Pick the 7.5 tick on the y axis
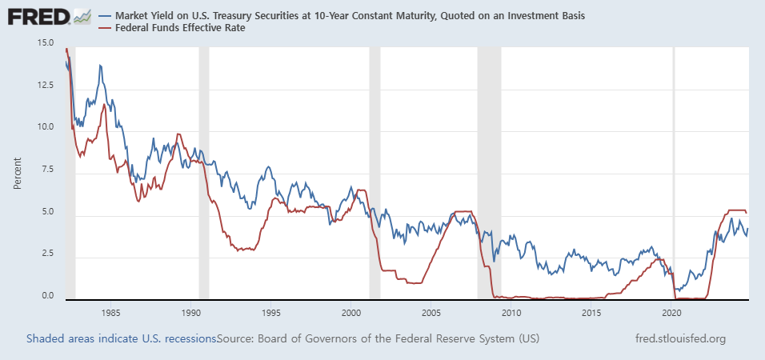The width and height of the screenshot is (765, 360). tap(46, 170)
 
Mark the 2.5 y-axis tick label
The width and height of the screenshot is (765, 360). tap(46, 254)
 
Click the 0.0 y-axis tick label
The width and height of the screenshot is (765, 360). tap(46, 296)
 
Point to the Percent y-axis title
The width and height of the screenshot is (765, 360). tap(18, 172)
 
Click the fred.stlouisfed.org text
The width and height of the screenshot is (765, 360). tap(679, 338)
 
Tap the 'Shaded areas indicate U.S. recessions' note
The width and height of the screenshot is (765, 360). tap(121, 338)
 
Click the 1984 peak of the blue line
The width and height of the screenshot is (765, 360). tap(100, 66)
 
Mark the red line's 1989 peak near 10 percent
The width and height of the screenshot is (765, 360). tap(178, 134)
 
